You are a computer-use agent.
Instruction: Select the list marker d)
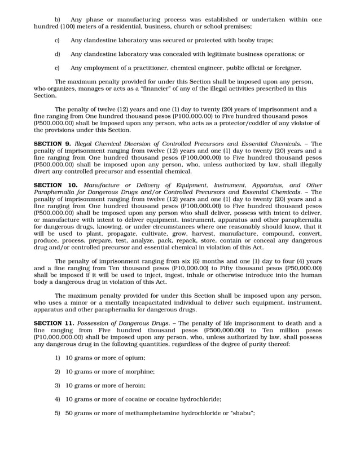pyautogui.click(x=57, y=54)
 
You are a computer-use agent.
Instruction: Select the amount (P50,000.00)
pyautogui.click(x=302, y=269)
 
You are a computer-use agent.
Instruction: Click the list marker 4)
pyautogui.click(x=58, y=399)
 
